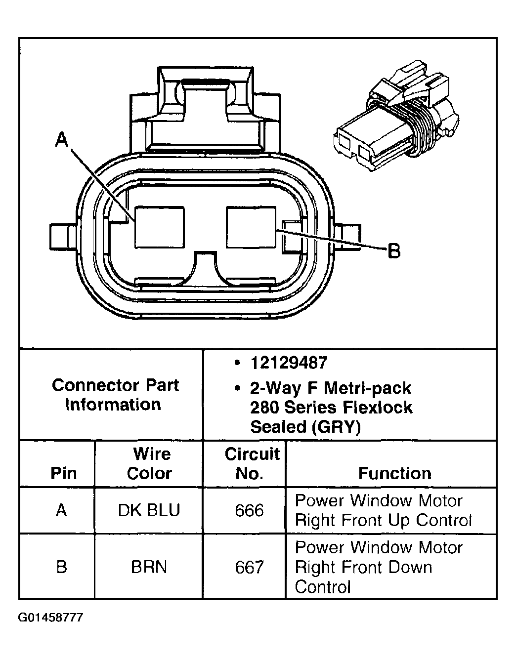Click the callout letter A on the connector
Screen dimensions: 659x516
click(61, 140)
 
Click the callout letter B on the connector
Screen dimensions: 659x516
click(393, 251)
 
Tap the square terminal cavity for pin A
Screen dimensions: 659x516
click(159, 227)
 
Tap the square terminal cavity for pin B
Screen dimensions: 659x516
click(251, 227)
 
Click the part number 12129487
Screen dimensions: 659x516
click(289, 363)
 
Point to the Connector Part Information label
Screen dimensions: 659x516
click(115, 395)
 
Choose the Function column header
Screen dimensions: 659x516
click(394, 473)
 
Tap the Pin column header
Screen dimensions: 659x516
click(64, 473)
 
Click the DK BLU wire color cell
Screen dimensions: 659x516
click(149, 510)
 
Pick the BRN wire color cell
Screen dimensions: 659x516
click(149, 567)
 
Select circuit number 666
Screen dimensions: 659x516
click(249, 510)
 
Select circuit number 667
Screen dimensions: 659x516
click(249, 567)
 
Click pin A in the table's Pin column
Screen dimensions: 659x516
click(61, 510)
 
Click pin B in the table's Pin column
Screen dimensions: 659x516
click(61, 567)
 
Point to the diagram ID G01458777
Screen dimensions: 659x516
click(50, 618)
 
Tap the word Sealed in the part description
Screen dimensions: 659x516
click(279, 427)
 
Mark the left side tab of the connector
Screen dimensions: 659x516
click(62, 236)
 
